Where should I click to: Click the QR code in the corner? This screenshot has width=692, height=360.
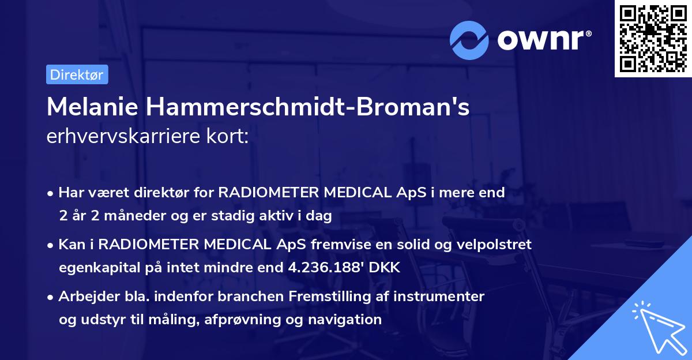coord(653,38)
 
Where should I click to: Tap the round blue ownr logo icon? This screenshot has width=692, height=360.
coord(469,40)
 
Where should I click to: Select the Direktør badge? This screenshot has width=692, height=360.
coord(77,74)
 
